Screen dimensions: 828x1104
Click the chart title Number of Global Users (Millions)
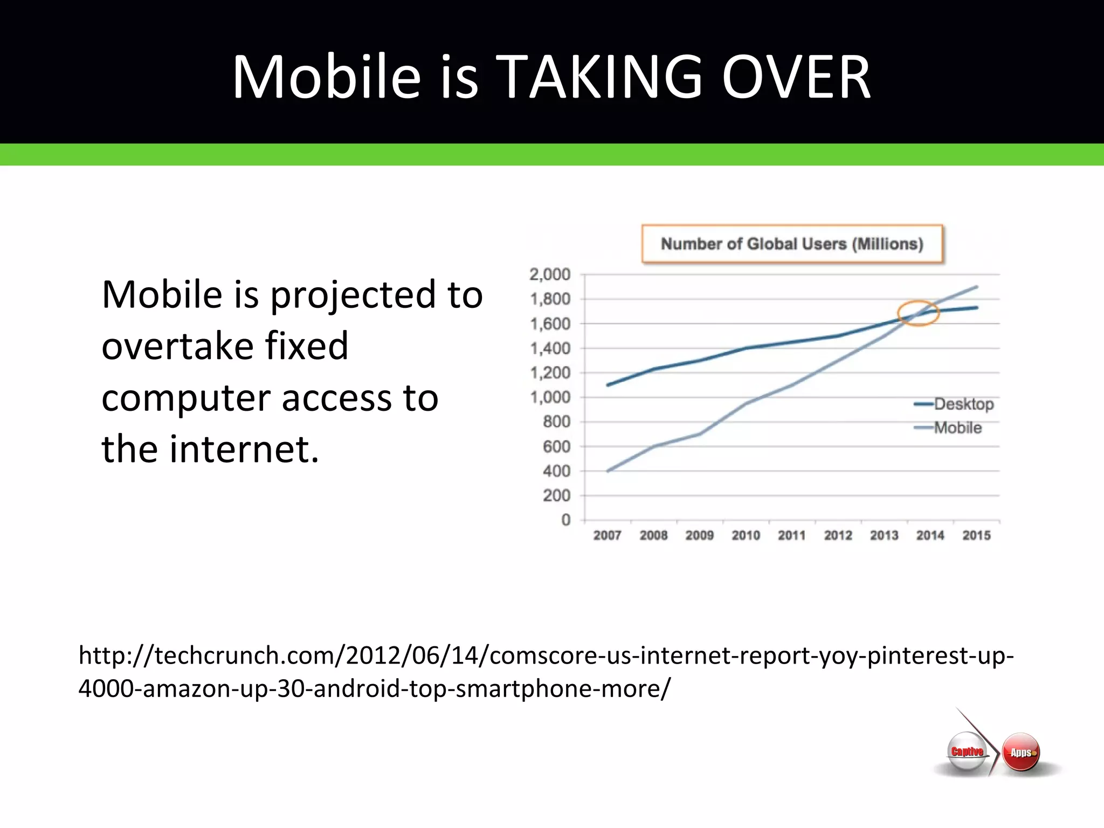pos(792,244)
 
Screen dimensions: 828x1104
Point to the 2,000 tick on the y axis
pos(549,274)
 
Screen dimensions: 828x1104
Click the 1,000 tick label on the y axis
pos(549,397)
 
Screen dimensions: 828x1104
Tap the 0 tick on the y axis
pos(565,520)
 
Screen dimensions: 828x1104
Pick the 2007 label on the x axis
pos(607,535)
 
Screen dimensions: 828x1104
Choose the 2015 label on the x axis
pos(976,535)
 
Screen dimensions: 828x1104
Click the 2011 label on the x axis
pos(791,535)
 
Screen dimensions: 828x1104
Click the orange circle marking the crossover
pos(919,313)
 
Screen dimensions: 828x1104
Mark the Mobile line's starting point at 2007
pos(608,471)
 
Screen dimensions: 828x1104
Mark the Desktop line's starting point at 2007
pos(608,385)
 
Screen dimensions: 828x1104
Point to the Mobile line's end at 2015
pos(976,287)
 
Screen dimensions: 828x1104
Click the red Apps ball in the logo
pos(1021,752)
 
